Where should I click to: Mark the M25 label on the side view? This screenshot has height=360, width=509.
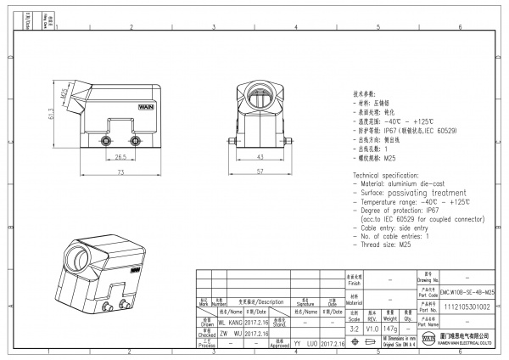pos(64,93)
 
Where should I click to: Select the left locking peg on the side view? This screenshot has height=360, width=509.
pos(108,139)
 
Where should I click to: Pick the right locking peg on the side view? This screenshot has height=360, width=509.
pos(133,139)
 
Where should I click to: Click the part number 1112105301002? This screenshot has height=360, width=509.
pos(466,307)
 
